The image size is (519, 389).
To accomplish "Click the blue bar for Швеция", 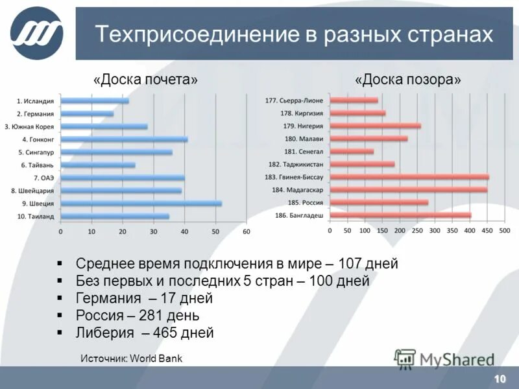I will [141, 203].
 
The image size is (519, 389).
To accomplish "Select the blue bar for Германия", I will [87, 113].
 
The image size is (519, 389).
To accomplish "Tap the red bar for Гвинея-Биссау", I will [409, 177].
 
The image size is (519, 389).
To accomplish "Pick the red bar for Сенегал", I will [352, 151].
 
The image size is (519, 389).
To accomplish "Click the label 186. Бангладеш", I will [300, 215].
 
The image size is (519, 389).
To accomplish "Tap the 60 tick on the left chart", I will [246, 231].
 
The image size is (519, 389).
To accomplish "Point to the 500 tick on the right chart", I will [505, 231].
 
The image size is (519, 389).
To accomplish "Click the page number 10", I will [500, 379].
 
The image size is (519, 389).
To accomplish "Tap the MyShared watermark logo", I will [444, 359].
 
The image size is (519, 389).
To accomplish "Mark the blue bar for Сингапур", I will [116, 152].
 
